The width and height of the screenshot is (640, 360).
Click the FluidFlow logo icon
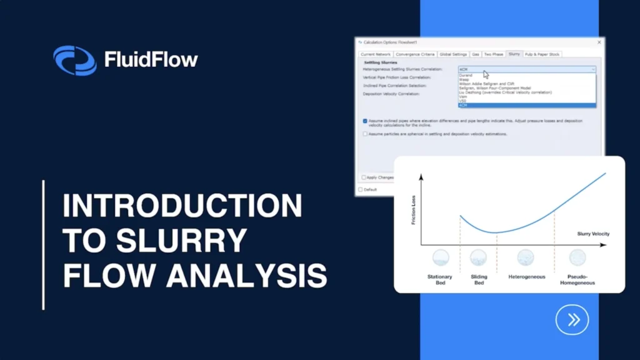click(x=74, y=61)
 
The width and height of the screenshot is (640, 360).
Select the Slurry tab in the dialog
click(x=514, y=54)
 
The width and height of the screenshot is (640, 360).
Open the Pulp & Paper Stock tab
click(x=542, y=54)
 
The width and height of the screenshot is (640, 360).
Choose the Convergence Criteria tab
click(x=416, y=54)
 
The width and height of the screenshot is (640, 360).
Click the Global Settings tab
click(x=453, y=54)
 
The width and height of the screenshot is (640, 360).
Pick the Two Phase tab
click(x=493, y=54)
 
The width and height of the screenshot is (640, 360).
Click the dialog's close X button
click(x=599, y=42)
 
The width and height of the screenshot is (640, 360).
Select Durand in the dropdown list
click(x=466, y=75)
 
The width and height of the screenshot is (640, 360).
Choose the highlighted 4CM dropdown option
click(x=463, y=106)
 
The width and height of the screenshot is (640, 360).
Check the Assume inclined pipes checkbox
click(x=366, y=121)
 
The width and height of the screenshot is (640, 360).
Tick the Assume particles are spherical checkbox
click(x=366, y=134)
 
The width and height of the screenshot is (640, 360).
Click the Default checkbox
click(x=361, y=189)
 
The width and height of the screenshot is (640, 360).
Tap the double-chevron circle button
click(x=572, y=320)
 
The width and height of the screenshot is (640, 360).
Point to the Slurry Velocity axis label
click(x=593, y=234)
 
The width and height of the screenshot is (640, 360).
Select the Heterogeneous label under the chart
click(x=527, y=277)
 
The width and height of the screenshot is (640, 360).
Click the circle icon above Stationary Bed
click(x=441, y=257)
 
